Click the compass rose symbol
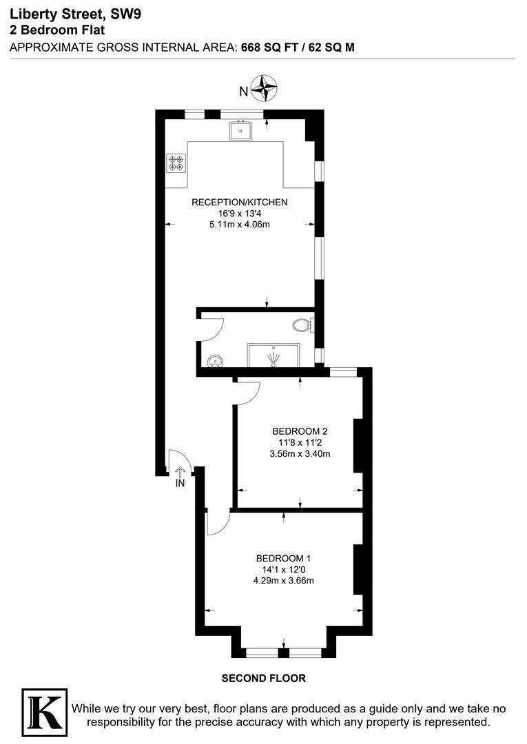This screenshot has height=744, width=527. (x=264, y=87)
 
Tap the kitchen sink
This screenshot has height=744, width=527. (x=241, y=130)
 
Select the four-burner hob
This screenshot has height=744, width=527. (x=176, y=163)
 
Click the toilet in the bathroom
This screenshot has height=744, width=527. (x=302, y=325)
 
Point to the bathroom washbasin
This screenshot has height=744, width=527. (x=216, y=362)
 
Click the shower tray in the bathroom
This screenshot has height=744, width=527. (x=273, y=355)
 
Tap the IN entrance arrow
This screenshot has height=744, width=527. (x=180, y=472)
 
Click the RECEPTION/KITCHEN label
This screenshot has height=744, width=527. (x=240, y=202)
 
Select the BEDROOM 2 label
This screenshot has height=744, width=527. (x=300, y=431)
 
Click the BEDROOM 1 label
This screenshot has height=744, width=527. (x=283, y=559)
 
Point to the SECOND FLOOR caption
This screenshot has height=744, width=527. (x=264, y=679)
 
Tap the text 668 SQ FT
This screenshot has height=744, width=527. (x=269, y=48)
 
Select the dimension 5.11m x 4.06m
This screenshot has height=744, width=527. (x=240, y=225)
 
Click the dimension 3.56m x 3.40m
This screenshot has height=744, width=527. (x=300, y=453)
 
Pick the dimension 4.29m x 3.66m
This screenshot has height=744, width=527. (x=284, y=580)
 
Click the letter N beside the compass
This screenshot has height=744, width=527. (x=244, y=92)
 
